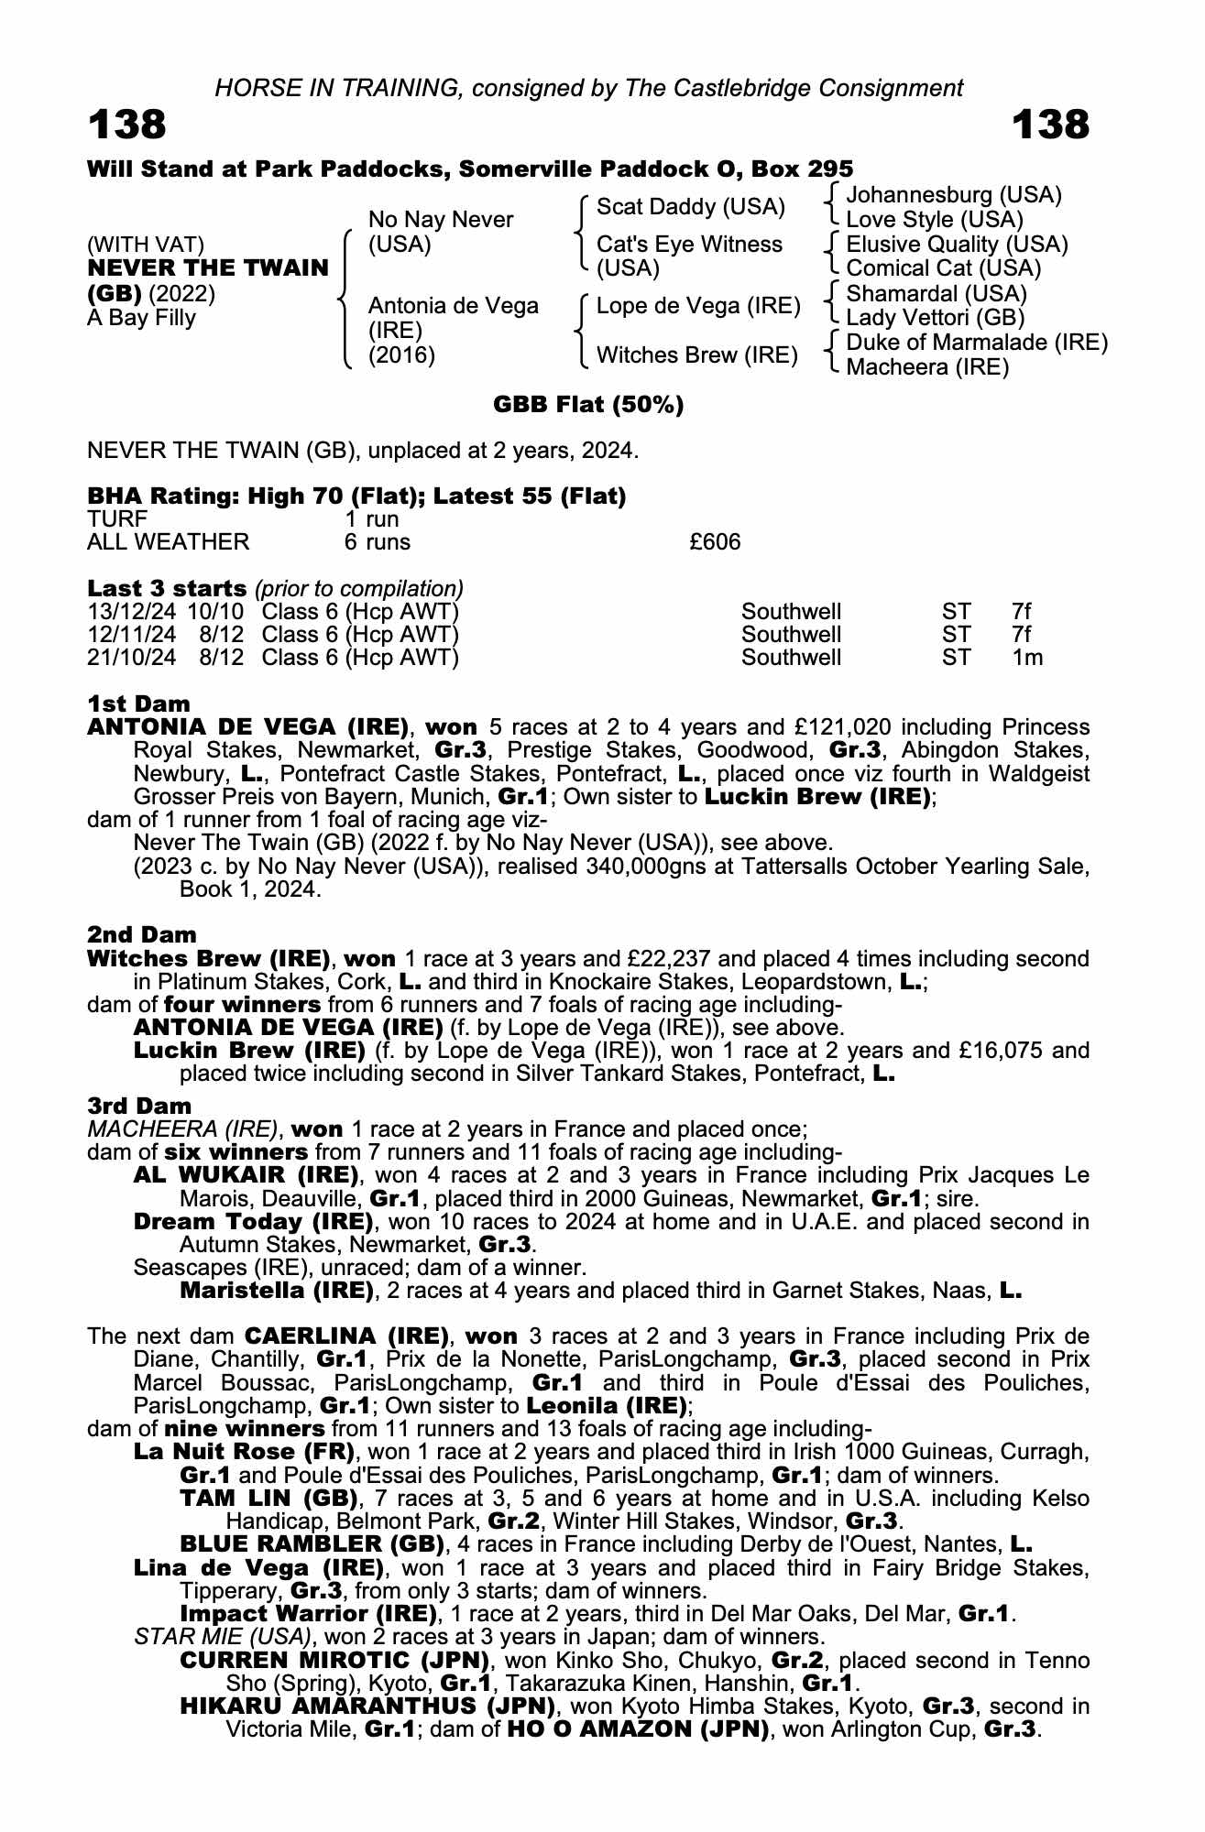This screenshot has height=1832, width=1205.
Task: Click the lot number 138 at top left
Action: click(x=127, y=125)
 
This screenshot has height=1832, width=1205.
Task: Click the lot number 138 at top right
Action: click(x=1050, y=125)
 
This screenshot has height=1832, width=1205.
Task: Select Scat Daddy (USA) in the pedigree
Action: click(x=690, y=207)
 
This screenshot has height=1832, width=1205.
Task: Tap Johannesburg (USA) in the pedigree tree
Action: click(x=953, y=195)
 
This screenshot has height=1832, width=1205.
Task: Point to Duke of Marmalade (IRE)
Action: click(x=977, y=343)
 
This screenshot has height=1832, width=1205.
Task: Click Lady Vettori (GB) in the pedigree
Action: click(x=935, y=318)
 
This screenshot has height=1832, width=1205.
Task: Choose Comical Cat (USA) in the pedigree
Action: click(x=943, y=268)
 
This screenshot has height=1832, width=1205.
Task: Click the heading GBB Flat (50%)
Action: click(x=588, y=405)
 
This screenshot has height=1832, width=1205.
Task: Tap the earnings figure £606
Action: click(x=715, y=542)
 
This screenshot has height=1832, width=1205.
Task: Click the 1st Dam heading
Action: click(x=138, y=703)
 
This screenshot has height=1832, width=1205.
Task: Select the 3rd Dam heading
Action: click(x=139, y=1106)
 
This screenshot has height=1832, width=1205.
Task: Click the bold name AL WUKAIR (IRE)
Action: click(x=246, y=1175)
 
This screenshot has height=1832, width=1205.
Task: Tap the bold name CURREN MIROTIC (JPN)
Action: click(x=334, y=1661)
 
